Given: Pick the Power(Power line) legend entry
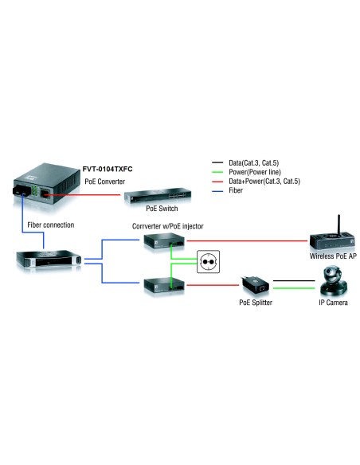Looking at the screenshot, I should pos(254,172).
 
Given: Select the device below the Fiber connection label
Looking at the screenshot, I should pos(46,258).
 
